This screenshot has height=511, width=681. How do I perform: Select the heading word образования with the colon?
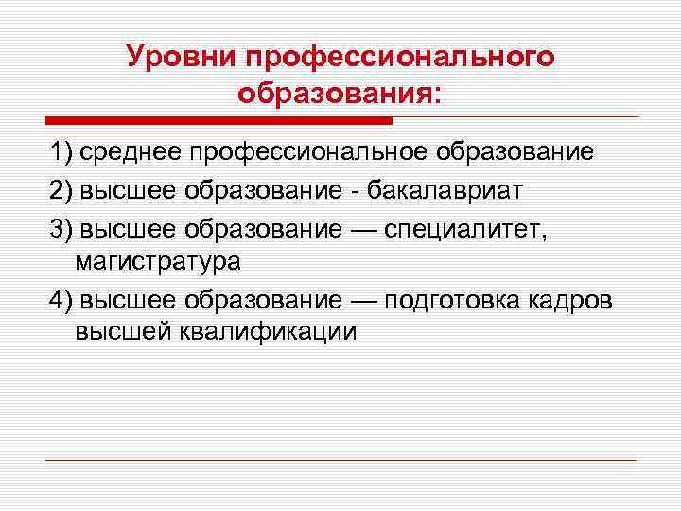[x=340, y=95]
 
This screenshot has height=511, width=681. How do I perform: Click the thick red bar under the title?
[x=218, y=121]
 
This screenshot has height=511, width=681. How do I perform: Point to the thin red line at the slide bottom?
[x=340, y=461]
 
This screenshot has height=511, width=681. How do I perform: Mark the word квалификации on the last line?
[x=279, y=333]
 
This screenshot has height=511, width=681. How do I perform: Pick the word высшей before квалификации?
[x=118, y=333]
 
